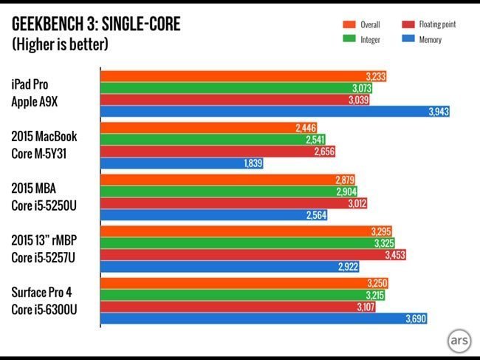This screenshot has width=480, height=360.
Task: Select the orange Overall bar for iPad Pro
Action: click(244, 76)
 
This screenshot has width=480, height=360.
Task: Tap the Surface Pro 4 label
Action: click(46, 292)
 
